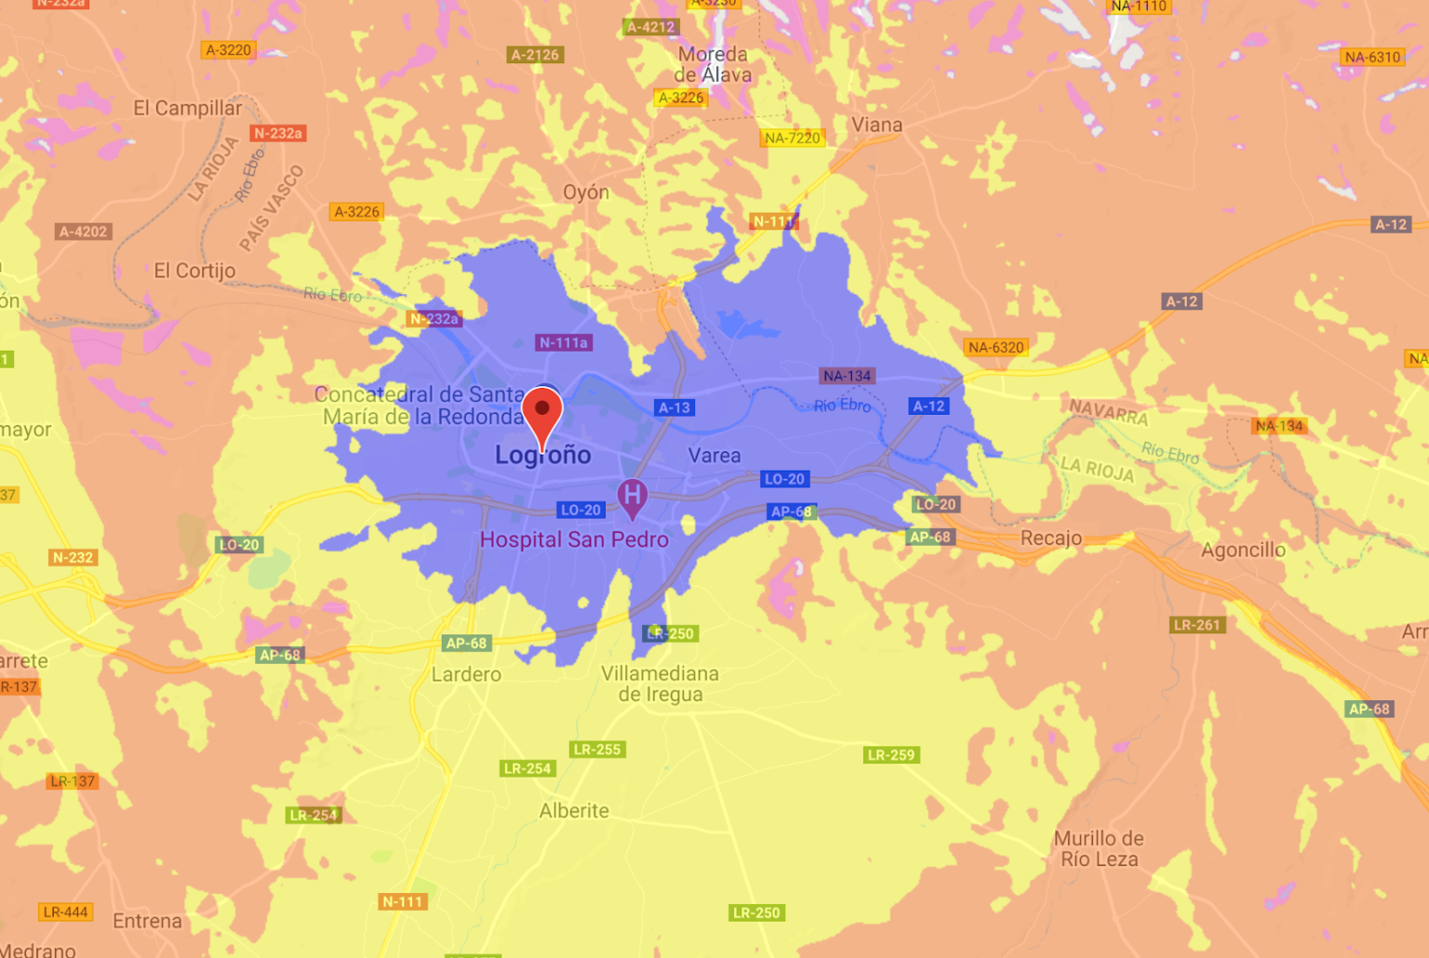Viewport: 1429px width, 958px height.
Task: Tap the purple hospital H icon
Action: tap(633, 496)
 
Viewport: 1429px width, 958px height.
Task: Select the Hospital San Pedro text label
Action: tap(574, 539)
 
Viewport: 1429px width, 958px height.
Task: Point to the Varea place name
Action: tap(714, 456)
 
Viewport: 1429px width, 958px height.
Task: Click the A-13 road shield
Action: tap(674, 407)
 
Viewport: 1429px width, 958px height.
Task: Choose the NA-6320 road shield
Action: tap(995, 348)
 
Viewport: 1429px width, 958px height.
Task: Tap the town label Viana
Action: tap(876, 125)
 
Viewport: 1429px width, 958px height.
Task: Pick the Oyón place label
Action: tap(586, 193)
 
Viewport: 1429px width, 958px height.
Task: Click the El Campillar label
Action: tap(187, 108)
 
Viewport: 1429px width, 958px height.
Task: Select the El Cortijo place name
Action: tap(194, 271)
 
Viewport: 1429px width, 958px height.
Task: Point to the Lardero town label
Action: tap(466, 674)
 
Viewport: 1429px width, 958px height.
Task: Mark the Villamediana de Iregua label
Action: tap(660, 684)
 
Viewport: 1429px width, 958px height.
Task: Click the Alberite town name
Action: tap(574, 811)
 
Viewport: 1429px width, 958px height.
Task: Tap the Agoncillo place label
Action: tap(1243, 550)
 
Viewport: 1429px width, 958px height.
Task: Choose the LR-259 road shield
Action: tap(891, 755)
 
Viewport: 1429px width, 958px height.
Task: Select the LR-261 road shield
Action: tap(1196, 625)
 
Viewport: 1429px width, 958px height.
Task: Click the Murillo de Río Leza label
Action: tap(1099, 848)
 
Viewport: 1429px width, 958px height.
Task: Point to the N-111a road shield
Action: tap(564, 343)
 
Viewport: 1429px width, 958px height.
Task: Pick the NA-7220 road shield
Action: tap(793, 139)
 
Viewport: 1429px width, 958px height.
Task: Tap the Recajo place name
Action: tap(1051, 538)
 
